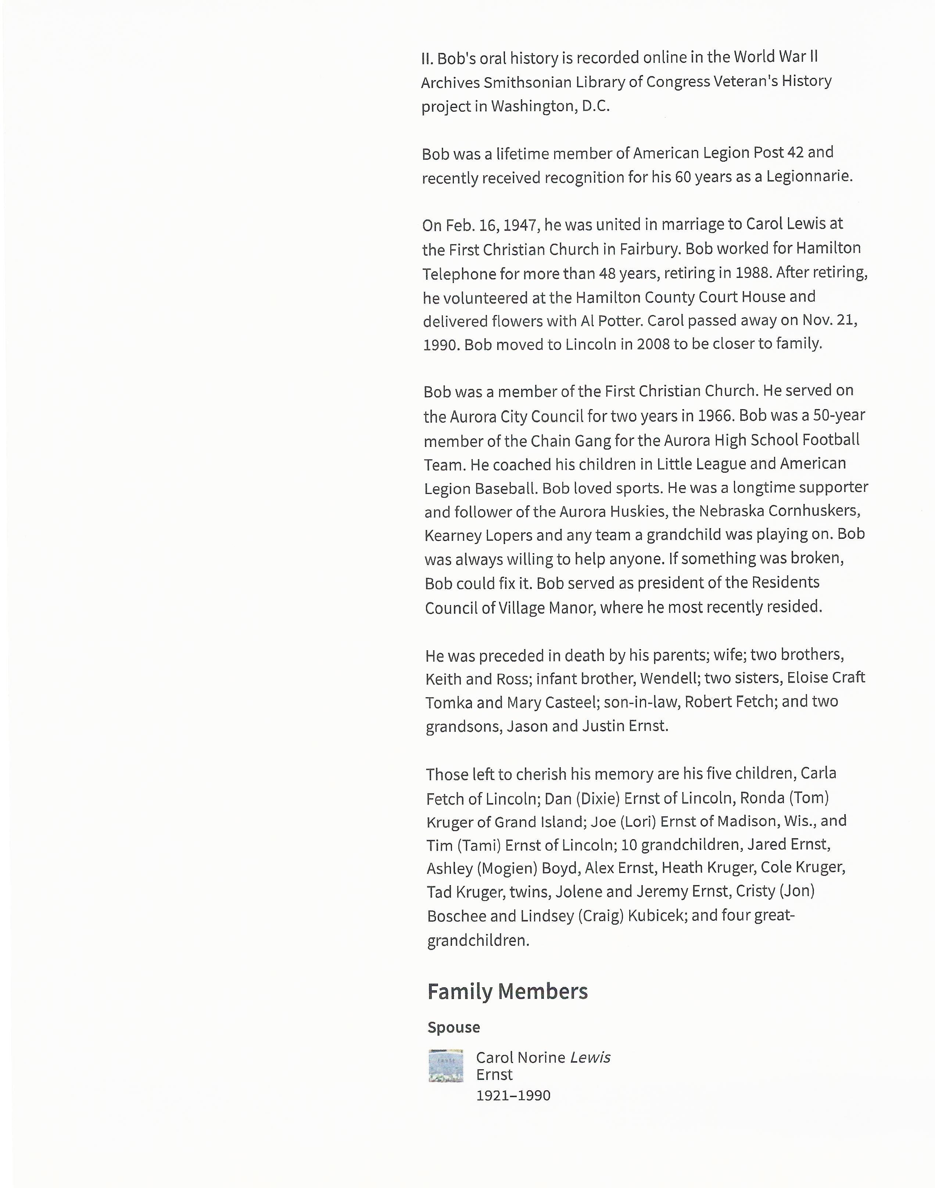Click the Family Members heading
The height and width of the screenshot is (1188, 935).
(x=508, y=991)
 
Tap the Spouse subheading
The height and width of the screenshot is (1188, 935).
(x=454, y=1027)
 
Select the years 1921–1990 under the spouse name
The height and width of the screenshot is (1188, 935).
(x=513, y=1095)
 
